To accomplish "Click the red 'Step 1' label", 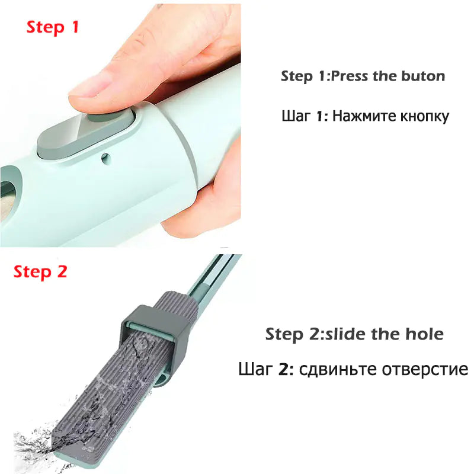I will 53,28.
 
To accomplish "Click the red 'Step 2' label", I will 40,272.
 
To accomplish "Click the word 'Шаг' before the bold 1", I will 296,116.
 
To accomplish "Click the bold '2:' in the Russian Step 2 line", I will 286,370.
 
